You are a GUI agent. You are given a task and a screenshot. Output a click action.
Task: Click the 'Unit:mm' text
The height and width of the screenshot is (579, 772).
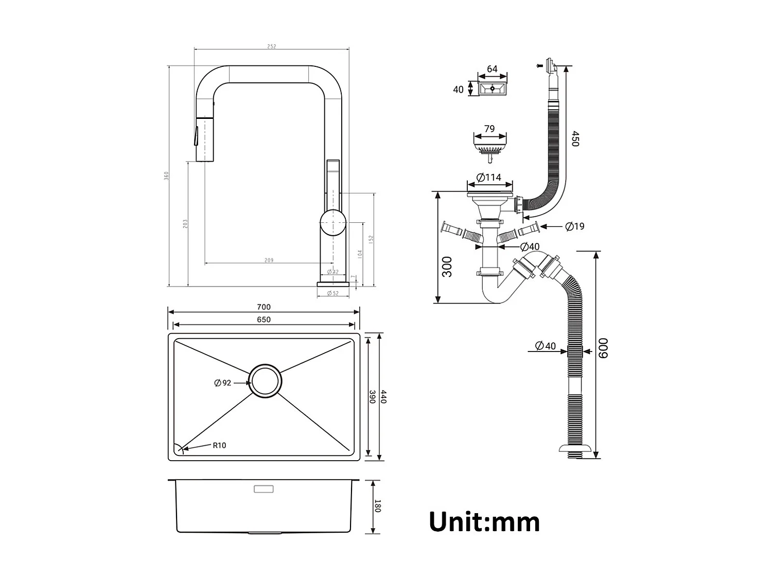[484, 521]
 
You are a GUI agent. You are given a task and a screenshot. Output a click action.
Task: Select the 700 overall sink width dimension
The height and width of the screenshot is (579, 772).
[264, 307]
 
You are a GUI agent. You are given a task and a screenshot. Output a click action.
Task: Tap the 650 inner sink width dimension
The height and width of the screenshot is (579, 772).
[264, 320]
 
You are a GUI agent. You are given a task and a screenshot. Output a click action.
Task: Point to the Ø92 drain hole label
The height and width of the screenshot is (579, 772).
[223, 382]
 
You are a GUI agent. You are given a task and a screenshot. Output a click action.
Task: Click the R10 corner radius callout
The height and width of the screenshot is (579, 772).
[219, 445]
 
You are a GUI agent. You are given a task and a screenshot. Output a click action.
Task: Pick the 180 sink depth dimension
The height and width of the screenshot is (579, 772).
[377, 506]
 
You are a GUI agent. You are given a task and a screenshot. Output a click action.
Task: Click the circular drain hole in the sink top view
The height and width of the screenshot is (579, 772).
[265, 381]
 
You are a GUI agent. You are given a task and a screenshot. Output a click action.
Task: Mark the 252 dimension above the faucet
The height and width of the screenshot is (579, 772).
[271, 46]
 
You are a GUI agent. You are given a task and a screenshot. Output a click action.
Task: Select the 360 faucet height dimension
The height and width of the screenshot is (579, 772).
[166, 176]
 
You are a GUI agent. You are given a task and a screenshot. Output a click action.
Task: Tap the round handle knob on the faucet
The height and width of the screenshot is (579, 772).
[333, 223]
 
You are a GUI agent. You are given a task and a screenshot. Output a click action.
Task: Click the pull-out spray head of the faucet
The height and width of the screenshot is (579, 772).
[204, 139]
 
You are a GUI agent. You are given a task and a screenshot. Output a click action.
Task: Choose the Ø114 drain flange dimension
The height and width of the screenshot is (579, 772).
[489, 178]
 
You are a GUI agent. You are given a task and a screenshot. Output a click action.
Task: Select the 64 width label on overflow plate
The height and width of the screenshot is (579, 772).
[492, 69]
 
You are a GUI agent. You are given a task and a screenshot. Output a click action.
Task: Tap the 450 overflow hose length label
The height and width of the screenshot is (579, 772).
[575, 139]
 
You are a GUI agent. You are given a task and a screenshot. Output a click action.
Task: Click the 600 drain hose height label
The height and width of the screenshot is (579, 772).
[603, 348]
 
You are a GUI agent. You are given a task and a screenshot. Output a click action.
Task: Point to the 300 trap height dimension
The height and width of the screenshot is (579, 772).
[447, 267]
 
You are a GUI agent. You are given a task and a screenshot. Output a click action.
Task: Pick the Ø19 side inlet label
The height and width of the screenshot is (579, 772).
[574, 226]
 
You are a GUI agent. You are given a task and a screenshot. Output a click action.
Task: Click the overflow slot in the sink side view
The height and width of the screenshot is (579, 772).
[264, 488]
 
